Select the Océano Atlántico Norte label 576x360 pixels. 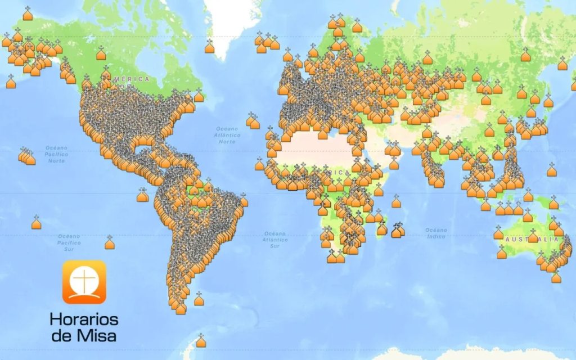click(x=227, y=135)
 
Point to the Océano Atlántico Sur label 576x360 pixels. click(x=274, y=240)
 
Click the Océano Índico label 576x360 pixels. click(x=436, y=233)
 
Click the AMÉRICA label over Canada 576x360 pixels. click(x=131, y=79)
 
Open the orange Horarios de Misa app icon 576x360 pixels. click(x=84, y=281)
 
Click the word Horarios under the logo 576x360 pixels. click(x=84, y=319)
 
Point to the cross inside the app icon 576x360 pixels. click(x=84, y=279)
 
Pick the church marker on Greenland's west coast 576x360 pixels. click(x=209, y=47)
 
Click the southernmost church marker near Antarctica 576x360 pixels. click(x=201, y=341)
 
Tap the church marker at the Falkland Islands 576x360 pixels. click(x=199, y=300)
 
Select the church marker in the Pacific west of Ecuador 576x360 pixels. click(x=142, y=196)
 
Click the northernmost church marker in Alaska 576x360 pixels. click(x=28, y=14)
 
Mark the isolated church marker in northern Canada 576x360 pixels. click(x=101, y=54)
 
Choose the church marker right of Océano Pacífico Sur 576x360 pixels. click(x=110, y=244)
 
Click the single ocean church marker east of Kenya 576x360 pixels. click(x=396, y=201)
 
